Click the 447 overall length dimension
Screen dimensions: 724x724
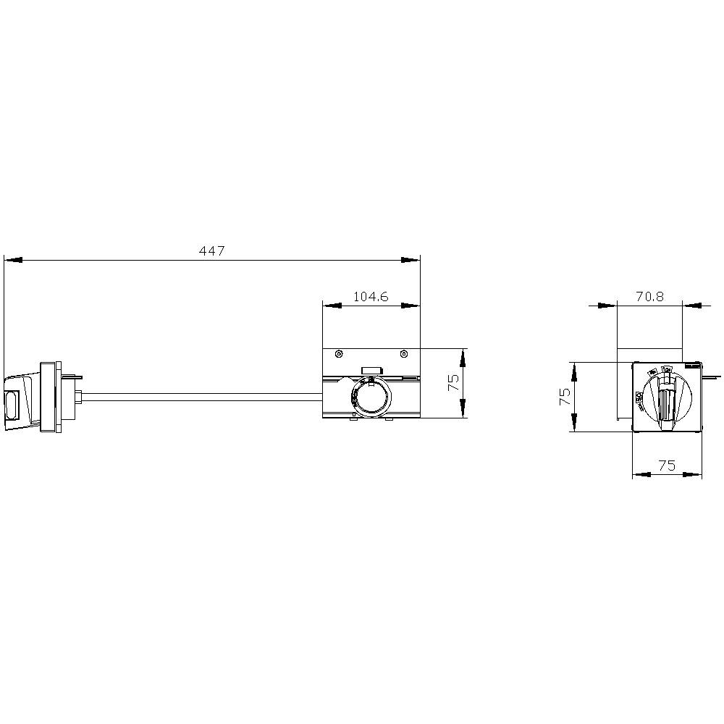pyautogui.click(x=212, y=251)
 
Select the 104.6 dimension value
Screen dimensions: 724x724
pyautogui.click(x=371, y=297)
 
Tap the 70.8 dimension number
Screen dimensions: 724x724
pyautogui.click(x=649, y=297)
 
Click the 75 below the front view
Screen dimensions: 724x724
pyautogui.click(x=667, y=466)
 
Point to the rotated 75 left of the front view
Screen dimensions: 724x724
pyautogui.click(x=565, y=396)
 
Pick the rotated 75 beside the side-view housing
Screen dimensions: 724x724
pyautogui.click(x=454, y=383)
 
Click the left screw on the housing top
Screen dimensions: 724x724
pyautogui.click(x=339, y=354)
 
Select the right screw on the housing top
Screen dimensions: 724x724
pyautogui.click(x=404, y=354)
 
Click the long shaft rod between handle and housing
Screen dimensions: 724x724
pyautogui.click(x=203, y=396)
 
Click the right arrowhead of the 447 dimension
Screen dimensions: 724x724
pyautogui.click(x=411, y=259)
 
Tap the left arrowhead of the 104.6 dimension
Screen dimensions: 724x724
pyautogui.click(x=331, y=306)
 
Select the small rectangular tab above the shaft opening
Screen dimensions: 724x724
pyautogui.click(x=371, y=370)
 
